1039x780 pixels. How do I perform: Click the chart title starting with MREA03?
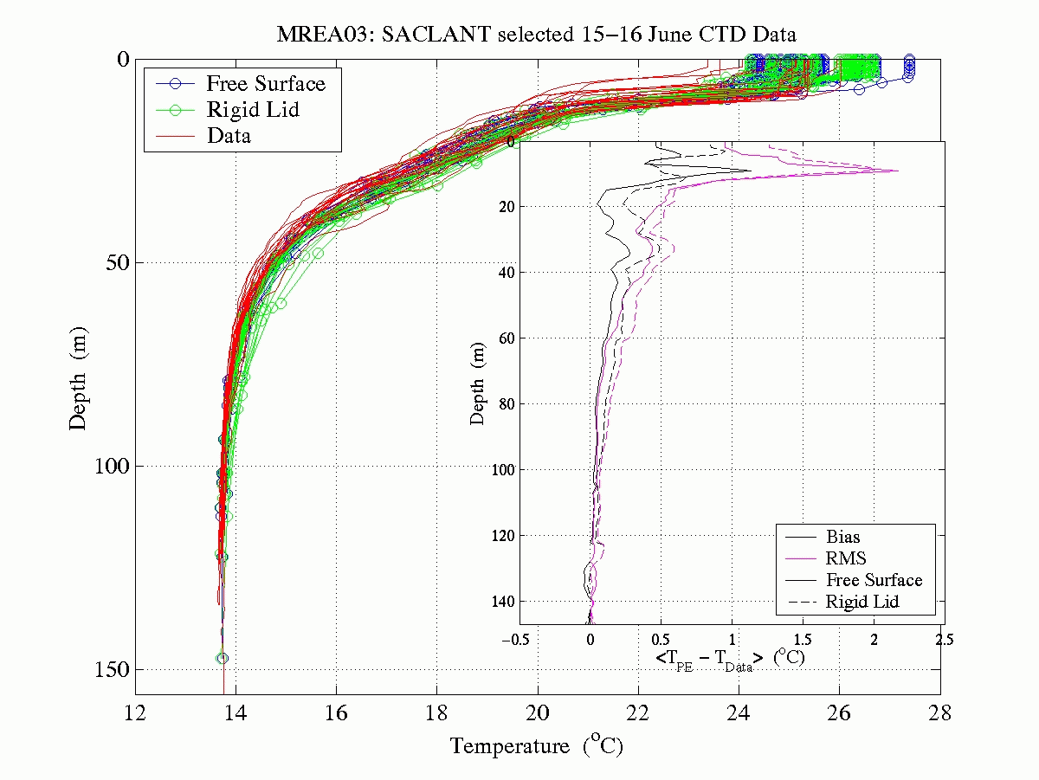click(536, 35)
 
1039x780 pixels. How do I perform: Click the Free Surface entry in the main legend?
click(265, 84)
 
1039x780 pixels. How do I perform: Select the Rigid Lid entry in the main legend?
click(253, 109)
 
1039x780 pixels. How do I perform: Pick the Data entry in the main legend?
click(229, 135)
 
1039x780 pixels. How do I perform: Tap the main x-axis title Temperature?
click(536, 745)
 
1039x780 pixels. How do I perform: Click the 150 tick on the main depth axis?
click(111, 670)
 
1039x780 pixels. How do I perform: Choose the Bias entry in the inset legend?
click(843, 537)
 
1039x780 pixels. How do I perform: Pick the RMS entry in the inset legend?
click(846, 558)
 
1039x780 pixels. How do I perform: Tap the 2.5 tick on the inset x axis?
click(944, 640)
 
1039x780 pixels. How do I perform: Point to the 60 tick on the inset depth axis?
click(508, 338)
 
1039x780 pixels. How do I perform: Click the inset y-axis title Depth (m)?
click(478, 382)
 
